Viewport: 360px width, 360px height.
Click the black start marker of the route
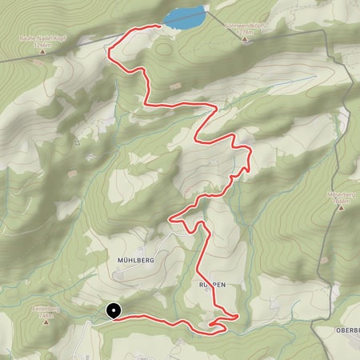coord(114,311)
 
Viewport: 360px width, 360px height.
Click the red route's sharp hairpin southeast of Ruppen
coord(238,318)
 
